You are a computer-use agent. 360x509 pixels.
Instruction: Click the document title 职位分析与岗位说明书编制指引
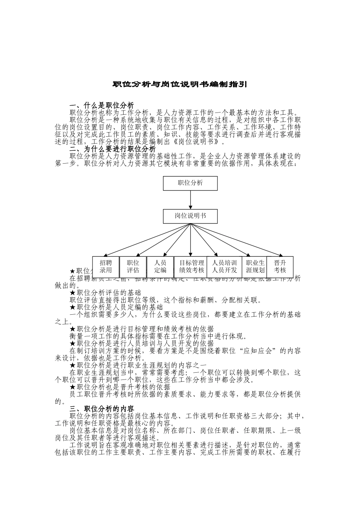[x=180, y=84]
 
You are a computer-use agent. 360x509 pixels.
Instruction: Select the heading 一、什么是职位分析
[x=102, y=105]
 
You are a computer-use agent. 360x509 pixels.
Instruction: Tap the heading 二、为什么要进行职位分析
[x=113, y=149]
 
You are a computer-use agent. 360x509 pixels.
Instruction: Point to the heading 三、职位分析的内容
[x=102, y=409]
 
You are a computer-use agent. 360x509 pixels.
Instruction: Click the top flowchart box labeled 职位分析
[x=190, y=183]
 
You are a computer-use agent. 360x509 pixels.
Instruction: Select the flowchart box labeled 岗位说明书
[x=190, y=216]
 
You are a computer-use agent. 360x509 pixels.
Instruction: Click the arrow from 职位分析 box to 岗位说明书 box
[x=190, y=200]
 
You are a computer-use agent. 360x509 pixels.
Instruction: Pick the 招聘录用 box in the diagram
[x=106, y=267]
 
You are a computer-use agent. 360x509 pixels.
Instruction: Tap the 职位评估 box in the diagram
[x=133, y=267]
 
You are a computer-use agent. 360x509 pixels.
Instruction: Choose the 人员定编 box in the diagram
[x=160, y=267]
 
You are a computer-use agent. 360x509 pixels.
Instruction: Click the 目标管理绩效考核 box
[x=191, y=267]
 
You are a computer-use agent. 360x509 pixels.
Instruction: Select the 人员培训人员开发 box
[x=224, y=267]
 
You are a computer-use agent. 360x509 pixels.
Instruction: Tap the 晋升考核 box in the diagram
[x=280, y=267]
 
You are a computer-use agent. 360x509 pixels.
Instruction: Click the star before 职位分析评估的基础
[x=73, y=293]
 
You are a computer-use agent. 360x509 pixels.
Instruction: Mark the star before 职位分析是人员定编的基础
[x=73, y=308]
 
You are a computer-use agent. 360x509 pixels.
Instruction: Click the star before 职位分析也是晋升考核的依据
[x=73, y=387]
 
